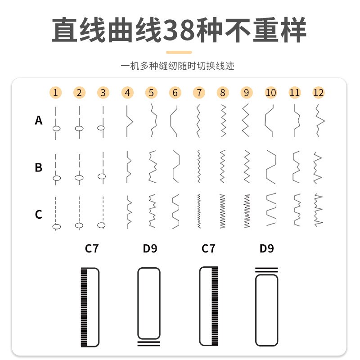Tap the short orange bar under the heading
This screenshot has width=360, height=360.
click(179, 52)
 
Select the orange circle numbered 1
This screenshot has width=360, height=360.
click(55, 93)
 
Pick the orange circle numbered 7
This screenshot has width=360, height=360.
click(198, 93)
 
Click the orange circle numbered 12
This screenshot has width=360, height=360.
click(318, 93)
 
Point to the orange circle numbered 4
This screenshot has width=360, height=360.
click(127, 93)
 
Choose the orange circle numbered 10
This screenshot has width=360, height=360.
click(270, 93)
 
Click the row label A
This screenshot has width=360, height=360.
click(39, 121)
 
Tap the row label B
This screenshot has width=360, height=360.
click(39, 167)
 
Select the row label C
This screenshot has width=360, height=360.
click(39, 214)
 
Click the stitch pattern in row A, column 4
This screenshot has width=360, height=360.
click(128, 121)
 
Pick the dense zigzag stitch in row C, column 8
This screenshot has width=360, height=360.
click(222, 211)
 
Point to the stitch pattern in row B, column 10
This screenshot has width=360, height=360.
click(270, 167)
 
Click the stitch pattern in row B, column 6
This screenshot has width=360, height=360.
click(175, 167)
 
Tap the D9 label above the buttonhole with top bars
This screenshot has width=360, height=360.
click(266, 248)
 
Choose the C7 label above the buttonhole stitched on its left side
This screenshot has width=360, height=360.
click(91, 248)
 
